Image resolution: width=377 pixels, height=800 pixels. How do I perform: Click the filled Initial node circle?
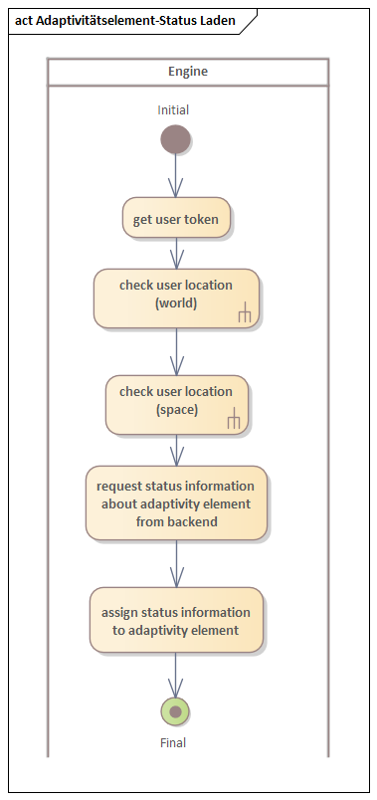(x=176, y=139)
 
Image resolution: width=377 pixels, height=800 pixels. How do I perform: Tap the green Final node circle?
(x=176, y=711)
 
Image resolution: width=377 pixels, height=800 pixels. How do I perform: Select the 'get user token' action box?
(x=177, y=219)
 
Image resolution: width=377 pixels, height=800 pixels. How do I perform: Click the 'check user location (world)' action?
(x=176, y=298)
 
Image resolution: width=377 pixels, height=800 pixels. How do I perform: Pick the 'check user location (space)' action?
(x=176, y=404)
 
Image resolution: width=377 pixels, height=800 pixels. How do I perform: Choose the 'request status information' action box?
(x=176, y=502)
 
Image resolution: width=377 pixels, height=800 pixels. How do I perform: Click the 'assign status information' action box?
(x=176, y=620)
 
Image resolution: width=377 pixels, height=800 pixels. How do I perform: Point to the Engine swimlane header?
(x=187, y=73)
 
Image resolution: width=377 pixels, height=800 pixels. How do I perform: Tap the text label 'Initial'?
(x=173, y=110)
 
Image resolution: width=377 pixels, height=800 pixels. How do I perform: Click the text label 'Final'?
(x=173, y=742)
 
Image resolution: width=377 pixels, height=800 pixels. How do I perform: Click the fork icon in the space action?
(x=234, y=421)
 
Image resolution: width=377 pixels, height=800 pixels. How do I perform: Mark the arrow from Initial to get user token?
(x=176, y=176)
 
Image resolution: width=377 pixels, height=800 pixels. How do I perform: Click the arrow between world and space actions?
(x=176, y=350)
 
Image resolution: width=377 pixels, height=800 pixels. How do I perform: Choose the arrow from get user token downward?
(x=176, y=254)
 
